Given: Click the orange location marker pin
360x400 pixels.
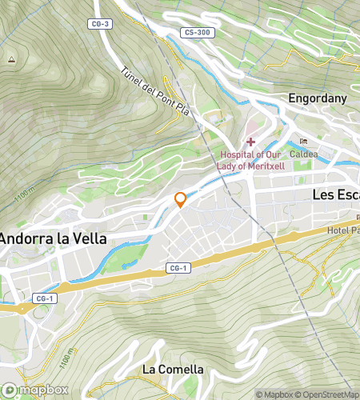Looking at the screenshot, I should click(181, 199).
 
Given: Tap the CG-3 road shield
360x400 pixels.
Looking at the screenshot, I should click(102, 24).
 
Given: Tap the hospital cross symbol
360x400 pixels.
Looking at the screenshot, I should click(250, 142).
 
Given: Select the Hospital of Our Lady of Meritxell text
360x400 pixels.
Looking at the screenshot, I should click(251, 160).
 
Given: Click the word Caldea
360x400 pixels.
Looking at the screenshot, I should click(303, 153).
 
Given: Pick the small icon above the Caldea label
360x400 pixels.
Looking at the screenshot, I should click(303, 141).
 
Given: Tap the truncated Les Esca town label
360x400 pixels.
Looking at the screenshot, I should click(335, 194).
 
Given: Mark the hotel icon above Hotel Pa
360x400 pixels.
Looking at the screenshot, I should click(358, 217).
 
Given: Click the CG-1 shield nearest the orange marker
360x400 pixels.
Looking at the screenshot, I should click(178, 268).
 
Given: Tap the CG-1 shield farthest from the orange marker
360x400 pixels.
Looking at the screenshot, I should click(45, 298).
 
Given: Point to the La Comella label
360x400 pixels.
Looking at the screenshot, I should click(173, 369).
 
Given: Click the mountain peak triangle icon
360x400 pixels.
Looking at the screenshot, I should click(11, 59).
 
